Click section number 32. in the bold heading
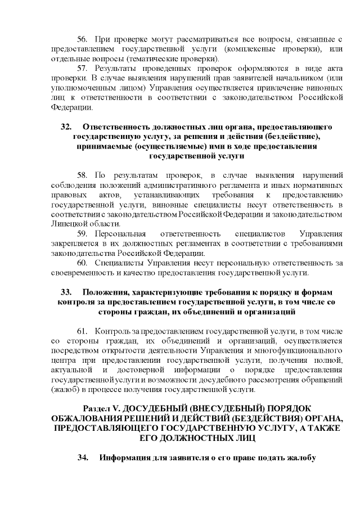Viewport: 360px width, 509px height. (x=66, y=127)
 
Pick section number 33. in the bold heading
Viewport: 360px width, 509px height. (x=66, y=292)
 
